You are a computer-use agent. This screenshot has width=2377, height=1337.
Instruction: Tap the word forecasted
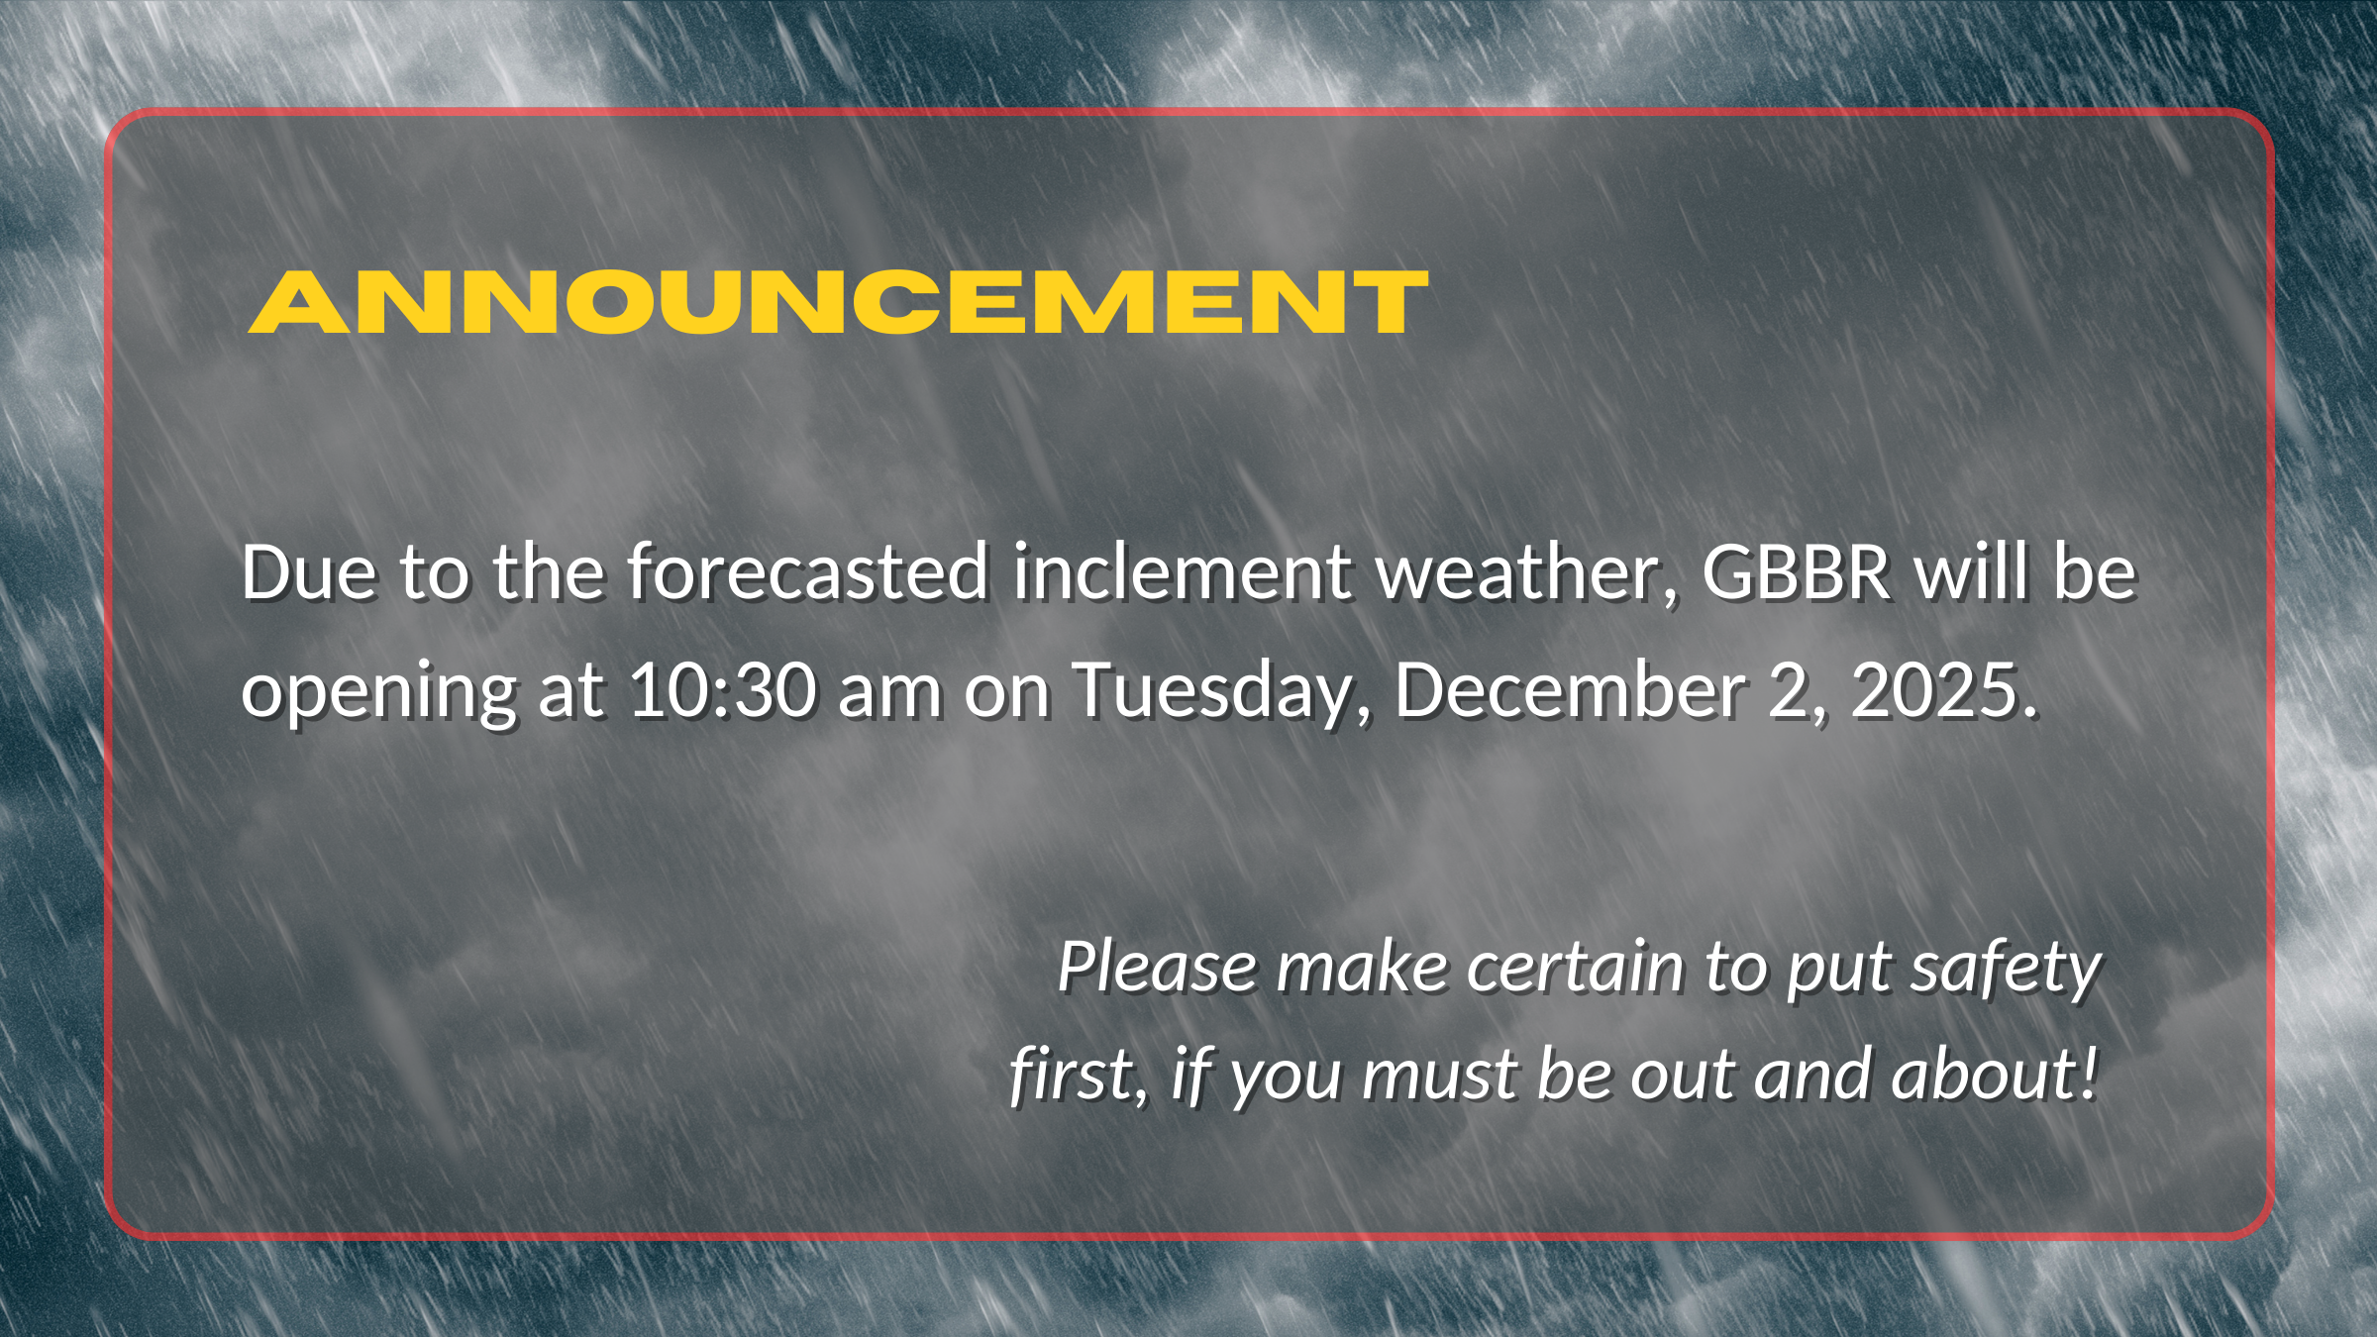(808, 572)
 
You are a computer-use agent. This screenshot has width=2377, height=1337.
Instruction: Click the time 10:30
(722, 690)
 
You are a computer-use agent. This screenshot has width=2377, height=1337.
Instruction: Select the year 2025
(1934, 690)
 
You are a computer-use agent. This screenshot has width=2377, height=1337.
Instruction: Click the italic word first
(1078, 1075)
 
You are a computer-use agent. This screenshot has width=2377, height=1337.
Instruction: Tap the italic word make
(1362, 967)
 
